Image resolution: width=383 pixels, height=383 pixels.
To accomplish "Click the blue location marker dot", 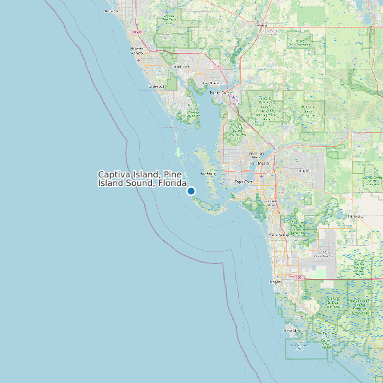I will (x=191, y=191).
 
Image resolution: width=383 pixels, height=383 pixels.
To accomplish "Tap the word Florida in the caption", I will (x=172, y=183).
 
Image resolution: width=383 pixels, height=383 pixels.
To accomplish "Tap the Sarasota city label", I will (x=112, y=11).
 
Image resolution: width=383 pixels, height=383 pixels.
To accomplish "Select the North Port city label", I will (x=182, y=66).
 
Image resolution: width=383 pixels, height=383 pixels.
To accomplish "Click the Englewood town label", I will (x=155, y=87).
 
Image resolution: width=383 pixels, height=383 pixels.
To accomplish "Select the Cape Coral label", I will (x=243, y=182).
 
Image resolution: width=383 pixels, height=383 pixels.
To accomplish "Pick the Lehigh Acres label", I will (x=304, y=170).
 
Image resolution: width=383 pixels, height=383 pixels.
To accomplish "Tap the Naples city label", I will (x=276, y=281).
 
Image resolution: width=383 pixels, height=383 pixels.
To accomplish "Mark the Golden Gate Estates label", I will (x=325, y=253).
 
